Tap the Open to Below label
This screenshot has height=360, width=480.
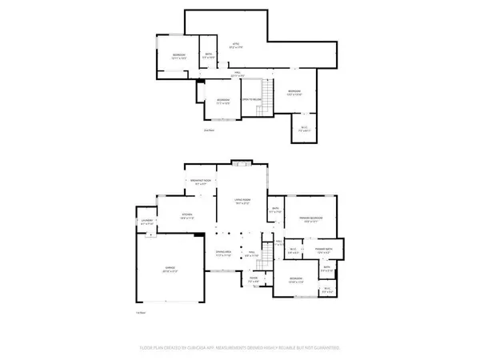pyautogui.click(x=253, y=100)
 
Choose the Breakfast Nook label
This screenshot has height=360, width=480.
pyautogui.click(x=202, y=182)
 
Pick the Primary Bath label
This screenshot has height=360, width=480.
pyautogui.click(x=323, y=250)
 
